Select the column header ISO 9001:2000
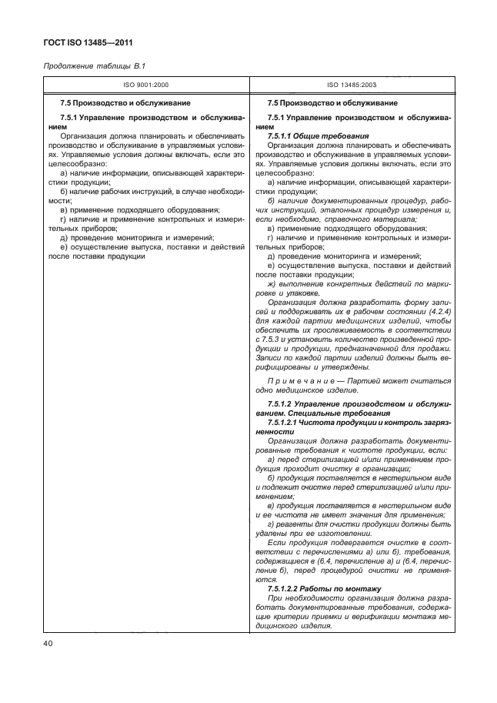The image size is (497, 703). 146,87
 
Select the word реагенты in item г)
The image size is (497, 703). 295,524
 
